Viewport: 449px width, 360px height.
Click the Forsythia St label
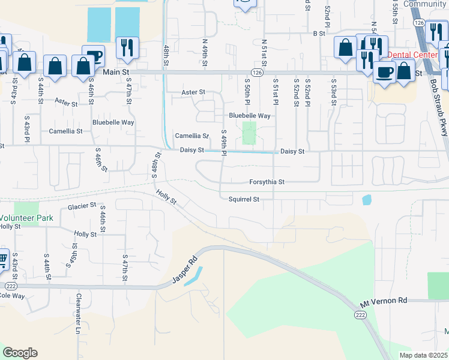pyautogui.click(x=267, y=182)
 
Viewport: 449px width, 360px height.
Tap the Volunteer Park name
pyautogui.click(x=26, y=218)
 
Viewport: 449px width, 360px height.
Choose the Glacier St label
pyautogui.click(x=82, y=205)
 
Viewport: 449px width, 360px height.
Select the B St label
pyautogui.click(x=318, y=34)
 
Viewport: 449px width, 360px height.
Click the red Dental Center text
pyautogui.click(x=412, y=55)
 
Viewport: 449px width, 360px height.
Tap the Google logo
pyautogui.click(x=19, y=353)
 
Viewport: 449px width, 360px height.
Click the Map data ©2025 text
pyautogui.click(x=423, y=355)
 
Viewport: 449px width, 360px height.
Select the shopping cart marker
pyautogui.click(x=3, y=259)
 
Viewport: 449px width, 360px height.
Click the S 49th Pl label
pyautogui.click(x=223, y=143)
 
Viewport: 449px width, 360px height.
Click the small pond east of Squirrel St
pyautogui.click(x=367, y=199)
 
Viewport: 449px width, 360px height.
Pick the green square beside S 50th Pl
pyautogui.click(x=249, y=133)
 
